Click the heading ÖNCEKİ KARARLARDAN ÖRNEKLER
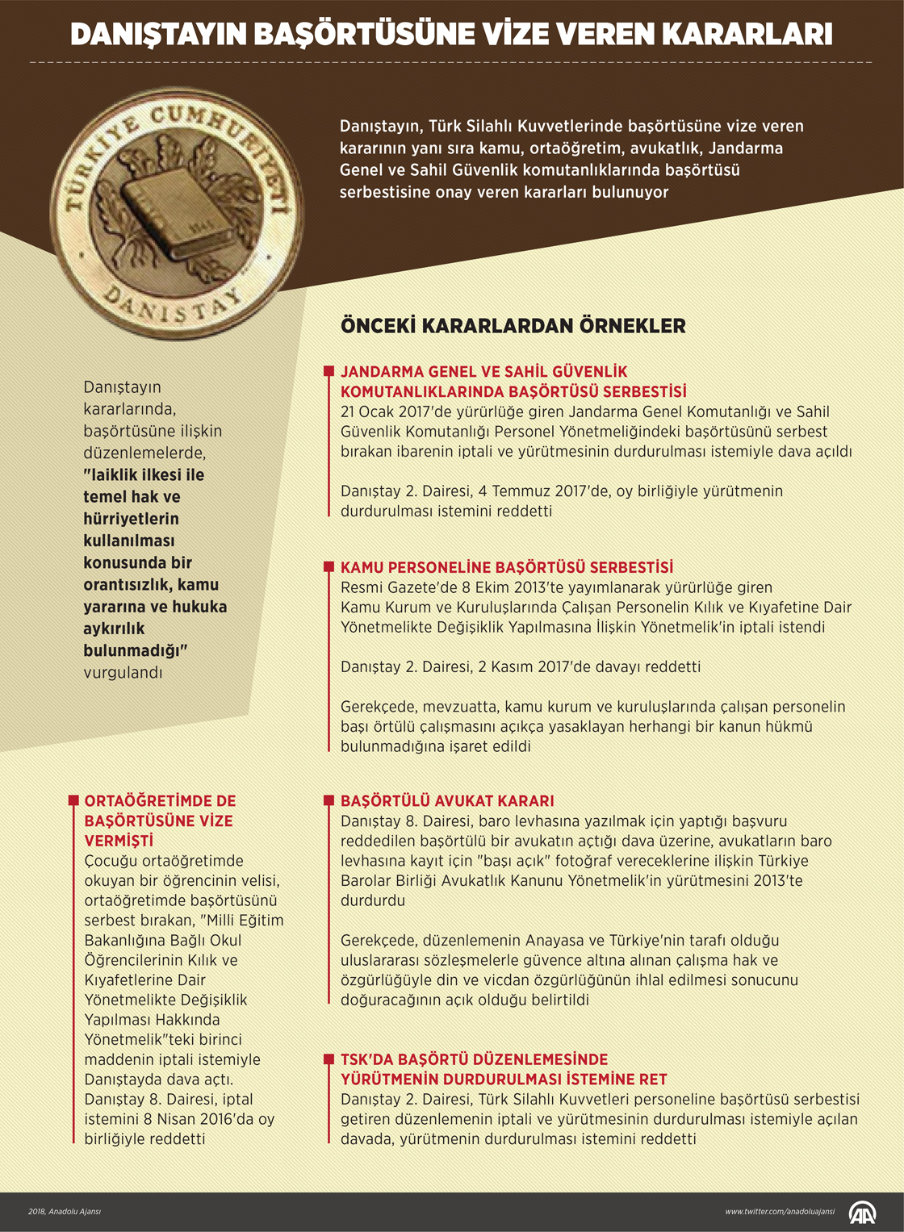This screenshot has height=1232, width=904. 513,326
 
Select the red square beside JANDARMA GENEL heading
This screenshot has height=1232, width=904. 329,371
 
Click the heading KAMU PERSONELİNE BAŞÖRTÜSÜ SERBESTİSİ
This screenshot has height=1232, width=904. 506,567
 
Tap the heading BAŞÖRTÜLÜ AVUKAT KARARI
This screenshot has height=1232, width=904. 447,801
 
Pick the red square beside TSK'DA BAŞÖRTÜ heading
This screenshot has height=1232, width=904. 329,1059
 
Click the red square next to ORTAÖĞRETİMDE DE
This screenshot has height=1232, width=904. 73,801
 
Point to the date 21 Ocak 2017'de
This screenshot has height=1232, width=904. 395,412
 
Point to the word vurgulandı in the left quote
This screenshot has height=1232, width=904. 123,672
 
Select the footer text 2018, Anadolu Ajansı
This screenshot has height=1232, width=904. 65,1211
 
